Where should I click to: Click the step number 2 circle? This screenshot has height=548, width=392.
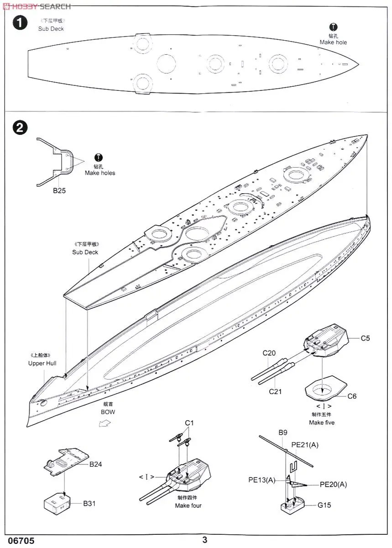click(20, 128)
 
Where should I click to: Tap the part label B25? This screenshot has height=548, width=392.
click(59, 191)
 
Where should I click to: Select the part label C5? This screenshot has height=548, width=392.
click(365, 338)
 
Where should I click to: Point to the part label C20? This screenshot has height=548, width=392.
click(269, 353)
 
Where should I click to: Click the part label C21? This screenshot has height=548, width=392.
click(276, 391)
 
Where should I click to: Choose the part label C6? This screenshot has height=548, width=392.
click(351, 396)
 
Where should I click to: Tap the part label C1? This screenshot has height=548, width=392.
click(189, 423)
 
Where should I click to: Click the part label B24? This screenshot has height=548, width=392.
click(96, 464)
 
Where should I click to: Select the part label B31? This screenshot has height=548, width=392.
click(89, 504)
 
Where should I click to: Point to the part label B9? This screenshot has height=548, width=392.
click(283, 432)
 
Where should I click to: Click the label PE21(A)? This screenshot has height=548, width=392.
click(305, 445)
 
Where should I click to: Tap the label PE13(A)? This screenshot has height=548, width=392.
click(262, 480)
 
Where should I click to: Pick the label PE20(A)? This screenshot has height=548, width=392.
click(333, 485)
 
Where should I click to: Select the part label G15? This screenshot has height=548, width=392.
click(324, 505)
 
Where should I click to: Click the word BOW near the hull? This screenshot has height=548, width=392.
click(108, 412)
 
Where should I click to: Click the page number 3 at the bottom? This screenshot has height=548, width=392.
click(205, 540)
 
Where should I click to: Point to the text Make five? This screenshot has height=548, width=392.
click(322, 422)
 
